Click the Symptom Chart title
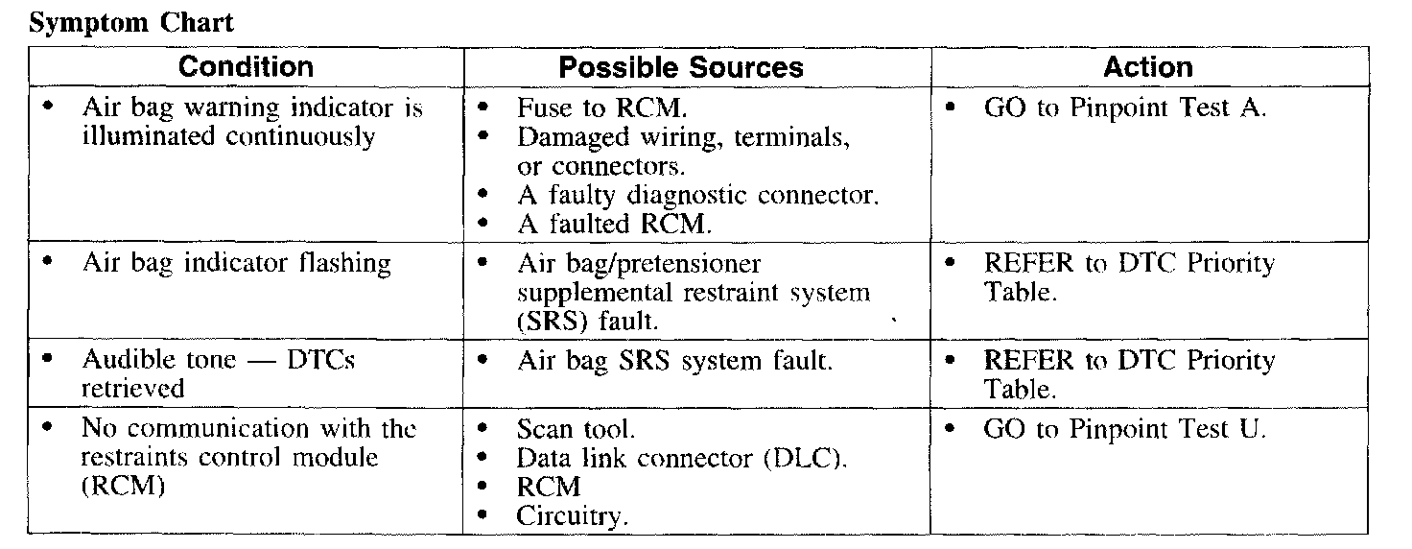click(131, 23)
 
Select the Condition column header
click(246, 67)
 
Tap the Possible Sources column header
click(681, 67)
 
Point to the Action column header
click(1148, 67)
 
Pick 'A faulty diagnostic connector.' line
click(697, 196)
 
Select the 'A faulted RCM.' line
click(614, 225)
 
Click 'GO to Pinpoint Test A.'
click(1125, 107)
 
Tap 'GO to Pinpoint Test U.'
click(1125, 429)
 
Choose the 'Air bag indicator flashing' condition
click(236, 264)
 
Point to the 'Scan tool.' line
click(576, 429)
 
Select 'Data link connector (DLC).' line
click(682, 458)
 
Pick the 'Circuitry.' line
click(572, 516)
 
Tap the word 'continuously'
click(300, 137)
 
